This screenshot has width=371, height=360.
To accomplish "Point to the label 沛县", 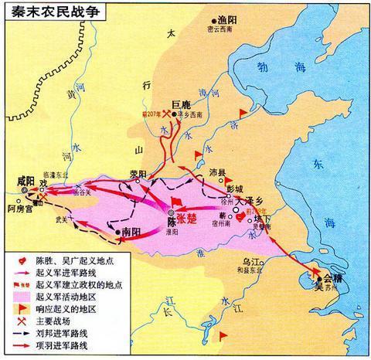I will click(217, 175).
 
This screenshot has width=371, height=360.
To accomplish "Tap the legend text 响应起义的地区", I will click(57, 302).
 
